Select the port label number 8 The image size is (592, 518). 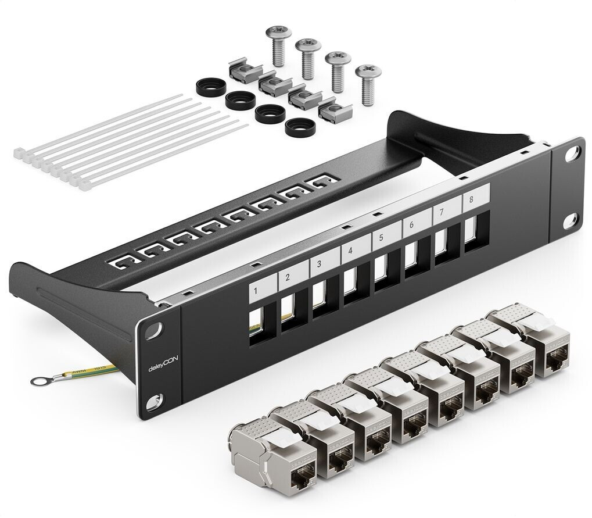tap(471, 199)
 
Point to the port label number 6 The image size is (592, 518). tap(411, 225)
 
